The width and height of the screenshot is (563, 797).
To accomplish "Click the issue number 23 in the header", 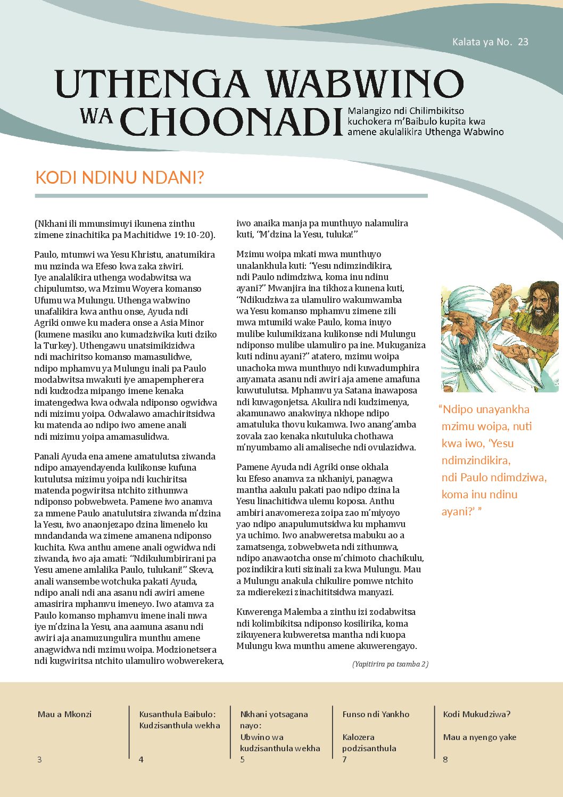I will pos(523,42).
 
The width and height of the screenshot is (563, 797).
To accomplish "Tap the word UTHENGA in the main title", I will pos(152,84).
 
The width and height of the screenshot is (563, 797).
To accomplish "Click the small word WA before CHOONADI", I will pos(96,116).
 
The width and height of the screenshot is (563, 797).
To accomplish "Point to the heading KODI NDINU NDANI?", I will pos(119,177).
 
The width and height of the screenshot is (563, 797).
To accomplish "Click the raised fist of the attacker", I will pos(501,293).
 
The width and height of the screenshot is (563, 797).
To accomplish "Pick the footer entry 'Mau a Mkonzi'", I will pos(64,714).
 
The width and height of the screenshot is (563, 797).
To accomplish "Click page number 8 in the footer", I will pos(445,759).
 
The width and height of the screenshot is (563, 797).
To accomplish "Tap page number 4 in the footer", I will pos(141,759).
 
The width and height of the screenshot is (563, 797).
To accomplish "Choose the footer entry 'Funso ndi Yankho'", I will pos(376,714).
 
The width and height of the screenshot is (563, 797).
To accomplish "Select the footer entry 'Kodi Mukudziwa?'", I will pos(476,714).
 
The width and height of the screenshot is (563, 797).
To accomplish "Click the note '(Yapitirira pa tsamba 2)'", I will pos(390,664).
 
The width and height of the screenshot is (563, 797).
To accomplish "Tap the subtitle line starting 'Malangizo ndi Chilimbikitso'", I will pos(405,111).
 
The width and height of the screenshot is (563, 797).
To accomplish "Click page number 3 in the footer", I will pos(39,759).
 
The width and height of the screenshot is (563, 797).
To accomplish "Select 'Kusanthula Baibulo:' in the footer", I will pos(177,714).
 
